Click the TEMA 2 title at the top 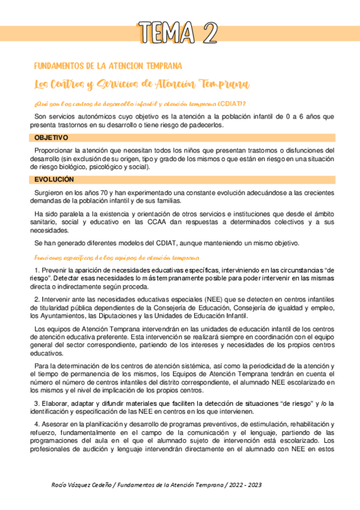pos(178,32)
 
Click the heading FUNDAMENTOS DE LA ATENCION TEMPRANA pos(108,66)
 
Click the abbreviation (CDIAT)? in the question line pos(231,103)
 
